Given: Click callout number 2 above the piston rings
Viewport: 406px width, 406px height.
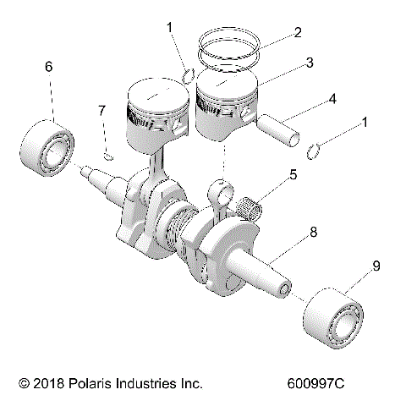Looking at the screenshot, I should coord(296,34).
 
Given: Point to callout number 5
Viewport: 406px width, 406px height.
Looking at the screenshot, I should coord(293,175).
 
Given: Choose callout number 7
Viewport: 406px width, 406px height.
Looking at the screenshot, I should coord(102,111).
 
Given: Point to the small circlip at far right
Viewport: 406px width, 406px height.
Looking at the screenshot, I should coord(314,151).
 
